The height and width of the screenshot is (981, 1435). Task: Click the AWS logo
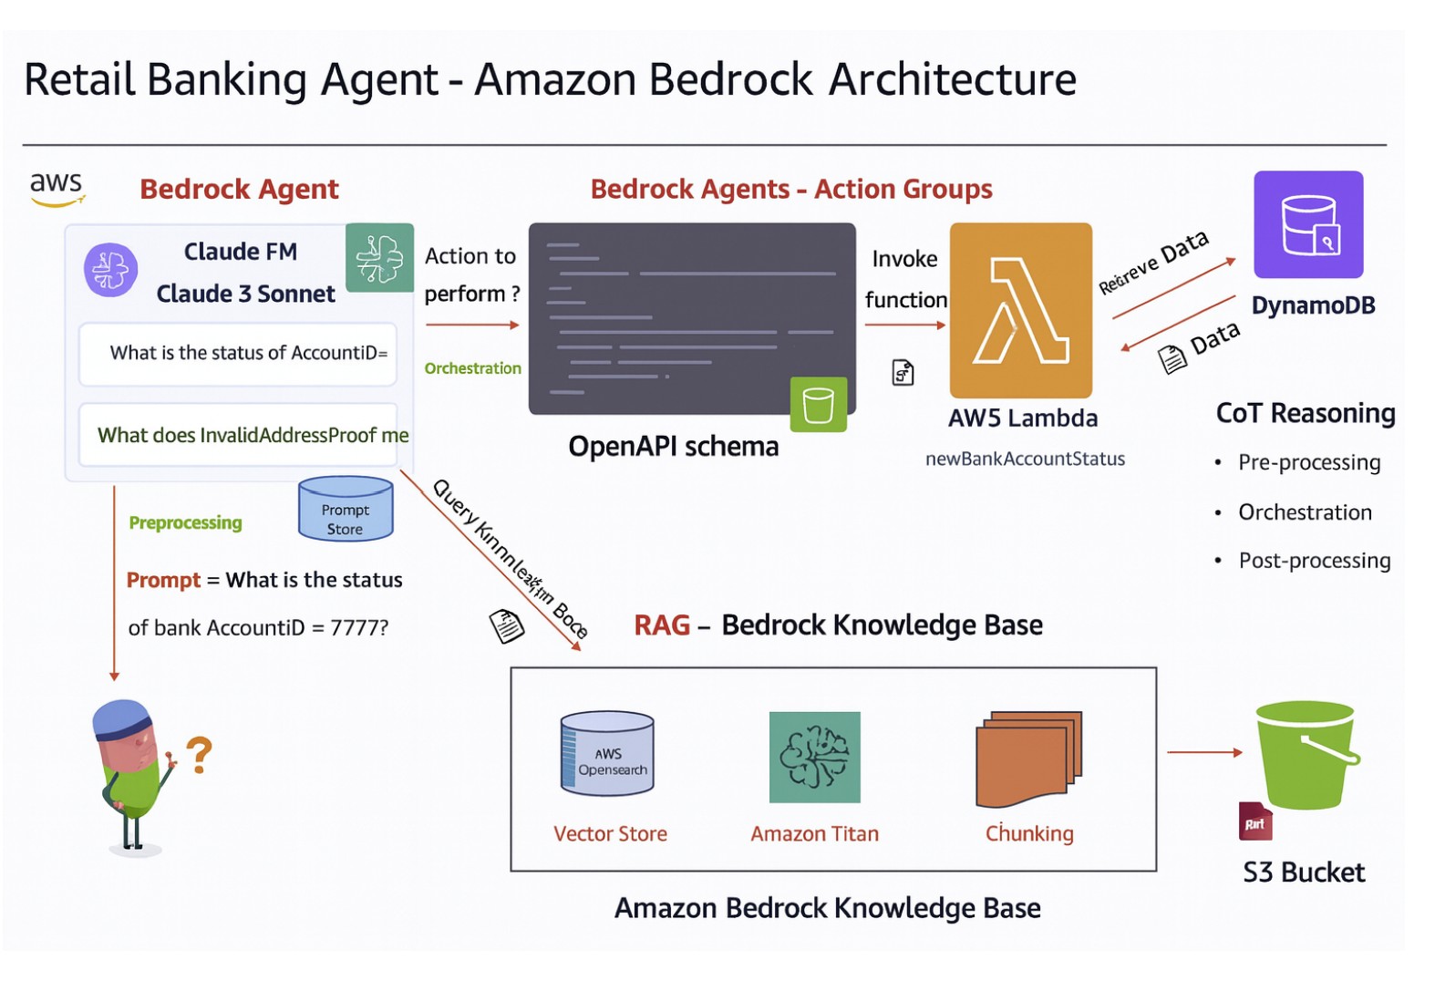pyautogui.click(x=57, y=188)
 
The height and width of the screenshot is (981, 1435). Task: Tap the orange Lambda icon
pyautogui.click(x=1020, y=310)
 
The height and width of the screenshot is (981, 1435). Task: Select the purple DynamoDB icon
pyautogui.click(x=1308, y=224)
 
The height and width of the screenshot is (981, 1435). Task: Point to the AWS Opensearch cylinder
pyautogui.click(x=607, y=753)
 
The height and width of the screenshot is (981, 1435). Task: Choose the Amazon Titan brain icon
pyautogui.click(x=814, y=757)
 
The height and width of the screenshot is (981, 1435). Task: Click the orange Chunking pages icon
pyautogui.click(x=1028, y=759)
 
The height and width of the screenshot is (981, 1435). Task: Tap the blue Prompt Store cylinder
pyautogui.click(x=346, y=509)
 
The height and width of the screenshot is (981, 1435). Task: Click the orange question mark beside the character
pyautogui.click(x=200, y=755)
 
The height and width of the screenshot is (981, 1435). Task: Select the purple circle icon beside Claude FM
pyautogui.click(x=110, y=270)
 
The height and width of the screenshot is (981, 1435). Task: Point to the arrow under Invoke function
pyautogui.click(x=905, y=325)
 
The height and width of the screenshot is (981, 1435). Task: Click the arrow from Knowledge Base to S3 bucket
pyautogui.click(x=1204, y=752)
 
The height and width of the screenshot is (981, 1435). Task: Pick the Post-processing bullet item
pyautogui.click(x=1314, y=561)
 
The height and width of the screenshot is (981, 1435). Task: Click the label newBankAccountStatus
pyautogui.click(x=1025, y=459)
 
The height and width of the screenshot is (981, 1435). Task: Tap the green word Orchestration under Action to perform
pyautogui.click(x=472, y=368)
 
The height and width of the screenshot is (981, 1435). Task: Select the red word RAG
pyautogui.click(x=662, y=625)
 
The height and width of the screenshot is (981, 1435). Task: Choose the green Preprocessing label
pyautogui.click(x=185, y=522)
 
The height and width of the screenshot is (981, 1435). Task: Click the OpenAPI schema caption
pyautogui.click(x=673, y=447)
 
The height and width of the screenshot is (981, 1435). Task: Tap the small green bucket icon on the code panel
pyautogui.click(x=818, y=404)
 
